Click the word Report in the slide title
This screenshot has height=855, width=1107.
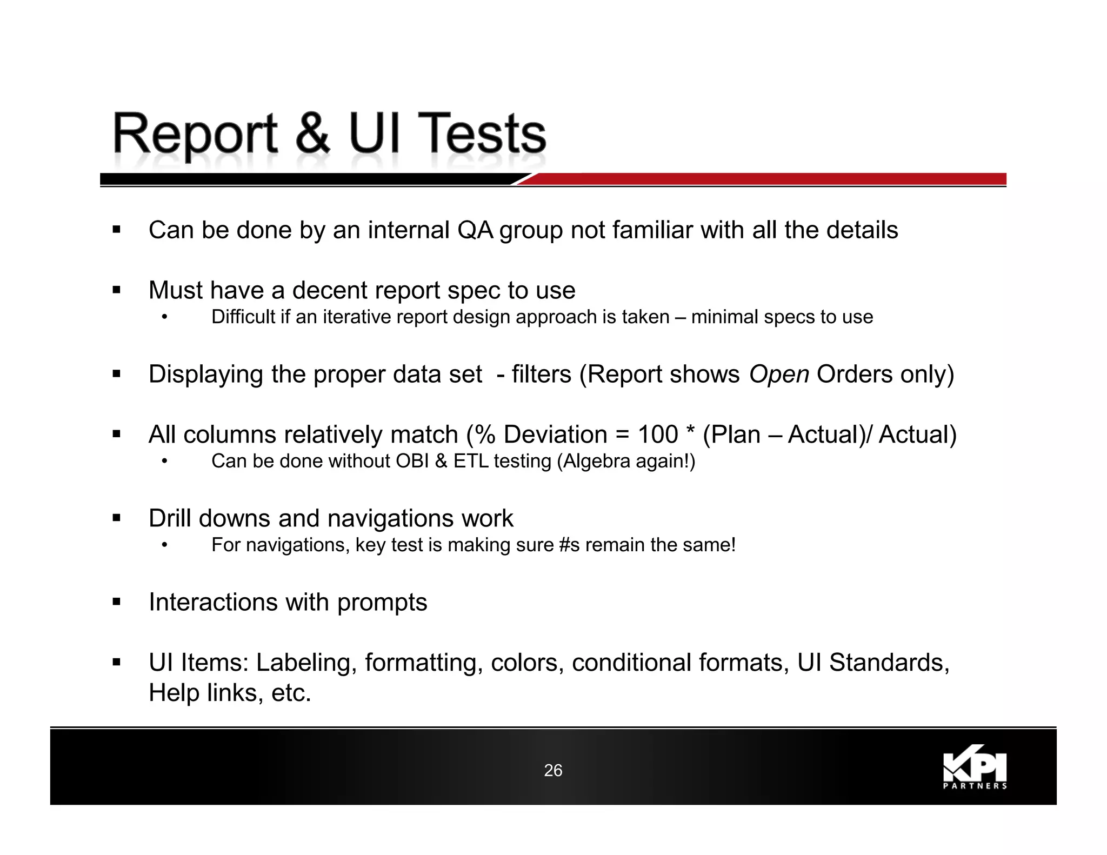[x=195, y=133]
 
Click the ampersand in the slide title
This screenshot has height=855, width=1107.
[x=312, y=133]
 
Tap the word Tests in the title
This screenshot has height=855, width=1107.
[x=482, y=133]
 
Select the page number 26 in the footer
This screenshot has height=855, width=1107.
[x=553, y=770]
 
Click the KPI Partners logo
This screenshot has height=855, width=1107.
[x=975, y=770]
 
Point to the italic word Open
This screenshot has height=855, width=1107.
[x=779, y=374]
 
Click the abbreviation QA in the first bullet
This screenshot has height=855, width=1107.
[x=475, y=230]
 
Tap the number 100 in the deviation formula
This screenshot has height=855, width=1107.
[x=658, y=435]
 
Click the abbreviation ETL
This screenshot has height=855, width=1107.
[x=471, y=461]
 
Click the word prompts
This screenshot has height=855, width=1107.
[x=382, y=603]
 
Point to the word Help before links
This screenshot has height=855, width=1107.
[x=174, y=693]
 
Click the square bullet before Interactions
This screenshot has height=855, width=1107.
[x=116, y=602]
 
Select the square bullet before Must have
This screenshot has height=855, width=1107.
[x=116, y=290]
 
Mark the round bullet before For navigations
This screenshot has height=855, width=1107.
[x=165, y=545]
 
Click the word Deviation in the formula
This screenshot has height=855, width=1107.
[x=556, y=435]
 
